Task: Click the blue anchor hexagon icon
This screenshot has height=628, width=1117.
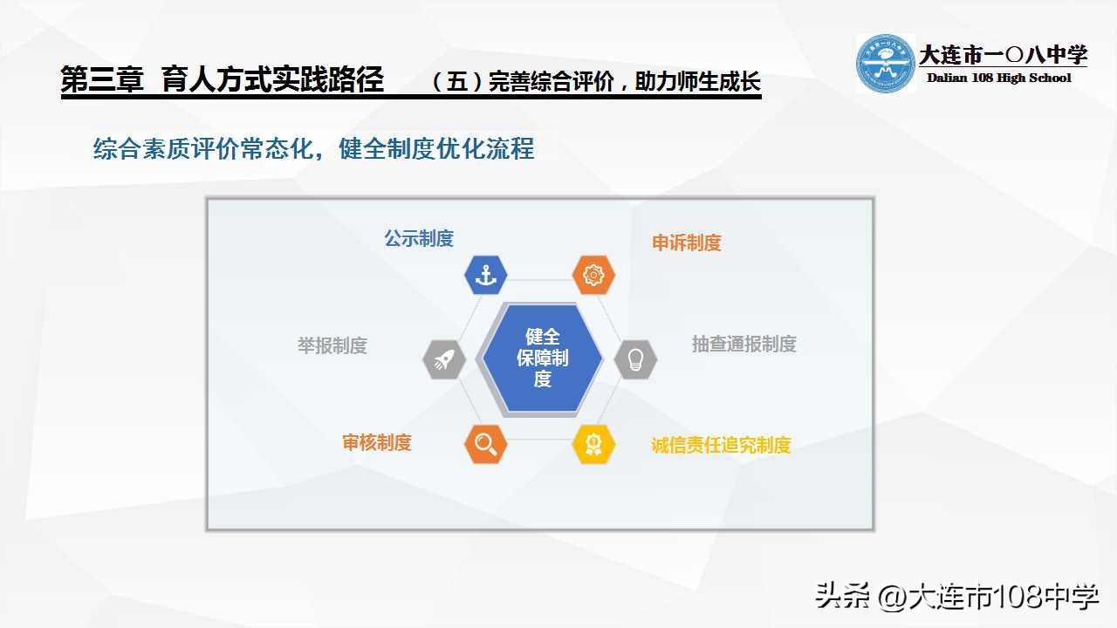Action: (x=485, y=275)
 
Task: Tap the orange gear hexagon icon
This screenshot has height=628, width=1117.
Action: (x=593, y=275)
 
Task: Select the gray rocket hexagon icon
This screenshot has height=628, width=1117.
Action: (x=443, y=358)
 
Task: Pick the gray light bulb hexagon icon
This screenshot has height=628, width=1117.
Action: (x=635, y=358)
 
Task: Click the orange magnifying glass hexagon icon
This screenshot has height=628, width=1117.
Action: (x=485, y=444)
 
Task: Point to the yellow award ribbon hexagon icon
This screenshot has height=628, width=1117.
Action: (x=593, y=444)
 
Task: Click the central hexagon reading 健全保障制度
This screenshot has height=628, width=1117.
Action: (x=542, y=358)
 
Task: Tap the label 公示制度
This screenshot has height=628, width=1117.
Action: (x=419, y=238)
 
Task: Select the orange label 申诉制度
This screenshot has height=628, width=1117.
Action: (x=687, y=242)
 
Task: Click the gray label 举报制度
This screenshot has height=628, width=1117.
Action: (x=332, y=345)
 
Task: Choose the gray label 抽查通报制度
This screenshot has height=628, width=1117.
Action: (x=744, y=344)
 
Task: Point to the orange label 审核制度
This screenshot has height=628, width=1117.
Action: (x=376, y=442)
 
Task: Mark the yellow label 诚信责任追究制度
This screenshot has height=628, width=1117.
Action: (x=721, y=445)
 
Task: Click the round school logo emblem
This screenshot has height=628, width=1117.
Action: (x=885, y=64)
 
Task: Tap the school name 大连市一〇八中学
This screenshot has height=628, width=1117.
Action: (x=1003, y=55)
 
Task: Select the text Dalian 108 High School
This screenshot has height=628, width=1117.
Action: (x=998, y=78)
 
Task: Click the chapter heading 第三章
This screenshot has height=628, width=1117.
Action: (x=102, y=80)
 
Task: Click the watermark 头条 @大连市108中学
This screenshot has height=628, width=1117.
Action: (x=956, y=597)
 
